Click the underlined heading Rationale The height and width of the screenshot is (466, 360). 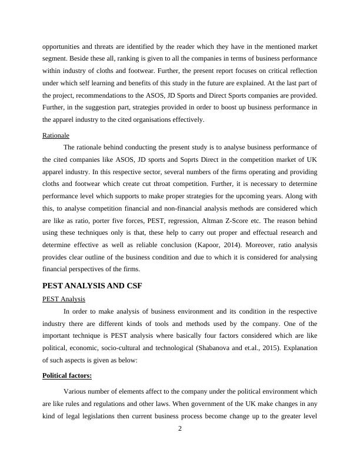(x=55, y=135)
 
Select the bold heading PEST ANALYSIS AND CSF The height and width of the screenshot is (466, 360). (x=92, y=286)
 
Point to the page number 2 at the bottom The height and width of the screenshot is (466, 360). (x=180, y=428)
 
